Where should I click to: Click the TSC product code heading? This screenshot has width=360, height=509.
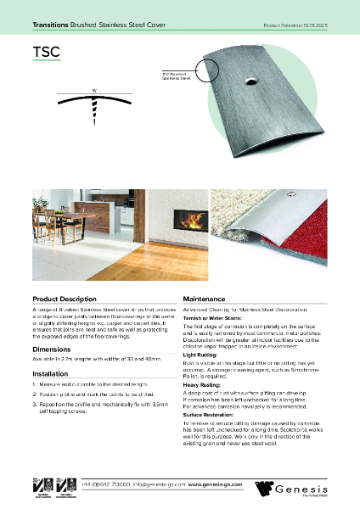coord(46,52)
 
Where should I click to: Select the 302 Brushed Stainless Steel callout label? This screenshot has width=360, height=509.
coord(173,78)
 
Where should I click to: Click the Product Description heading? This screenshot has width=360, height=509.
coord(64,299)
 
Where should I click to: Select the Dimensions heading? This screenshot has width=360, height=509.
coord(51,348)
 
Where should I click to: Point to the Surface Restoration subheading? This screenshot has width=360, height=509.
coord(207,415)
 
